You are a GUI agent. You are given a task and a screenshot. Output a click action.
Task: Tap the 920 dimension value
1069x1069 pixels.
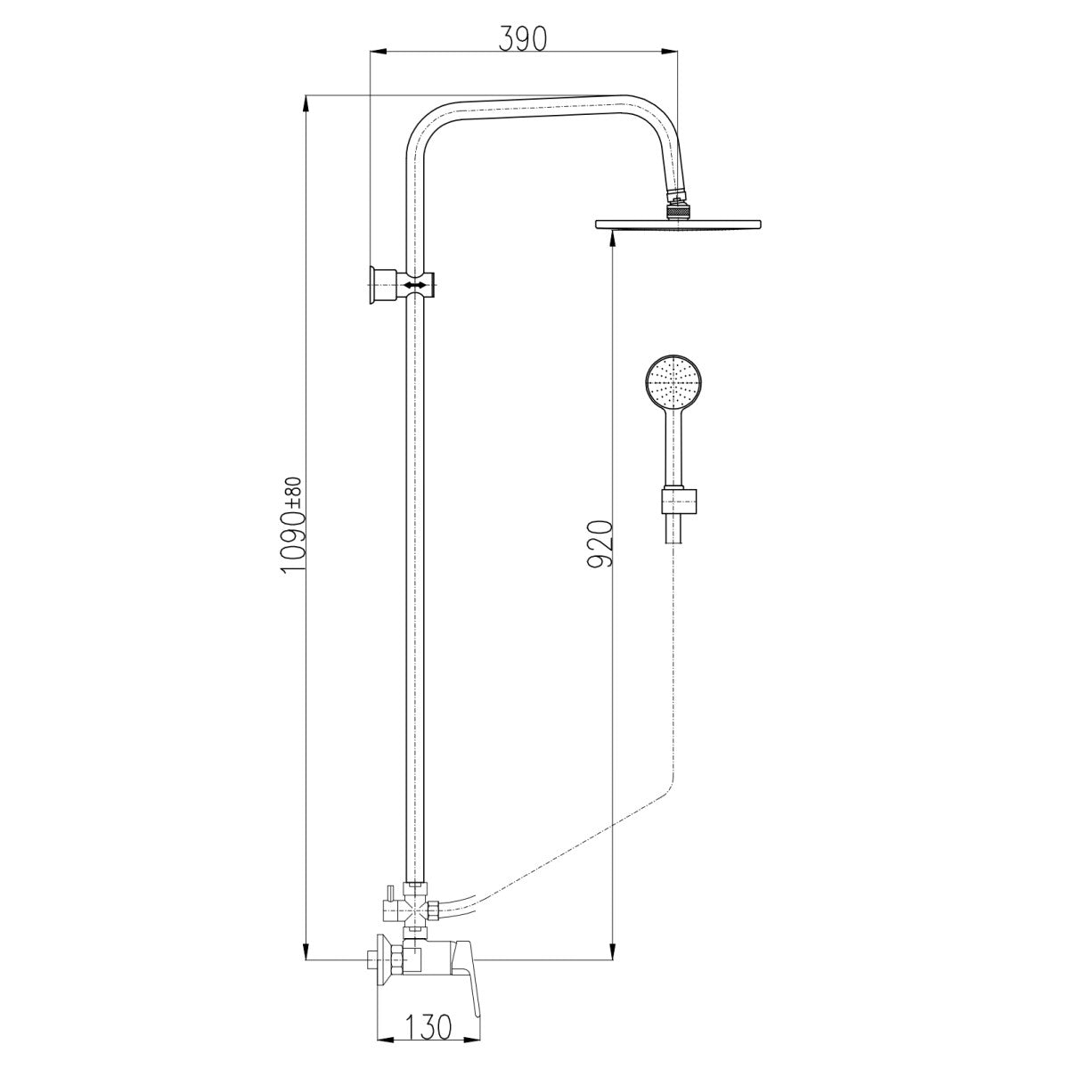pyautogui.click(x=600, y=543)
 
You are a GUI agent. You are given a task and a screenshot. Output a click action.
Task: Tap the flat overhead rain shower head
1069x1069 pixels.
pyautogui.click(x=677, y=224)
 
